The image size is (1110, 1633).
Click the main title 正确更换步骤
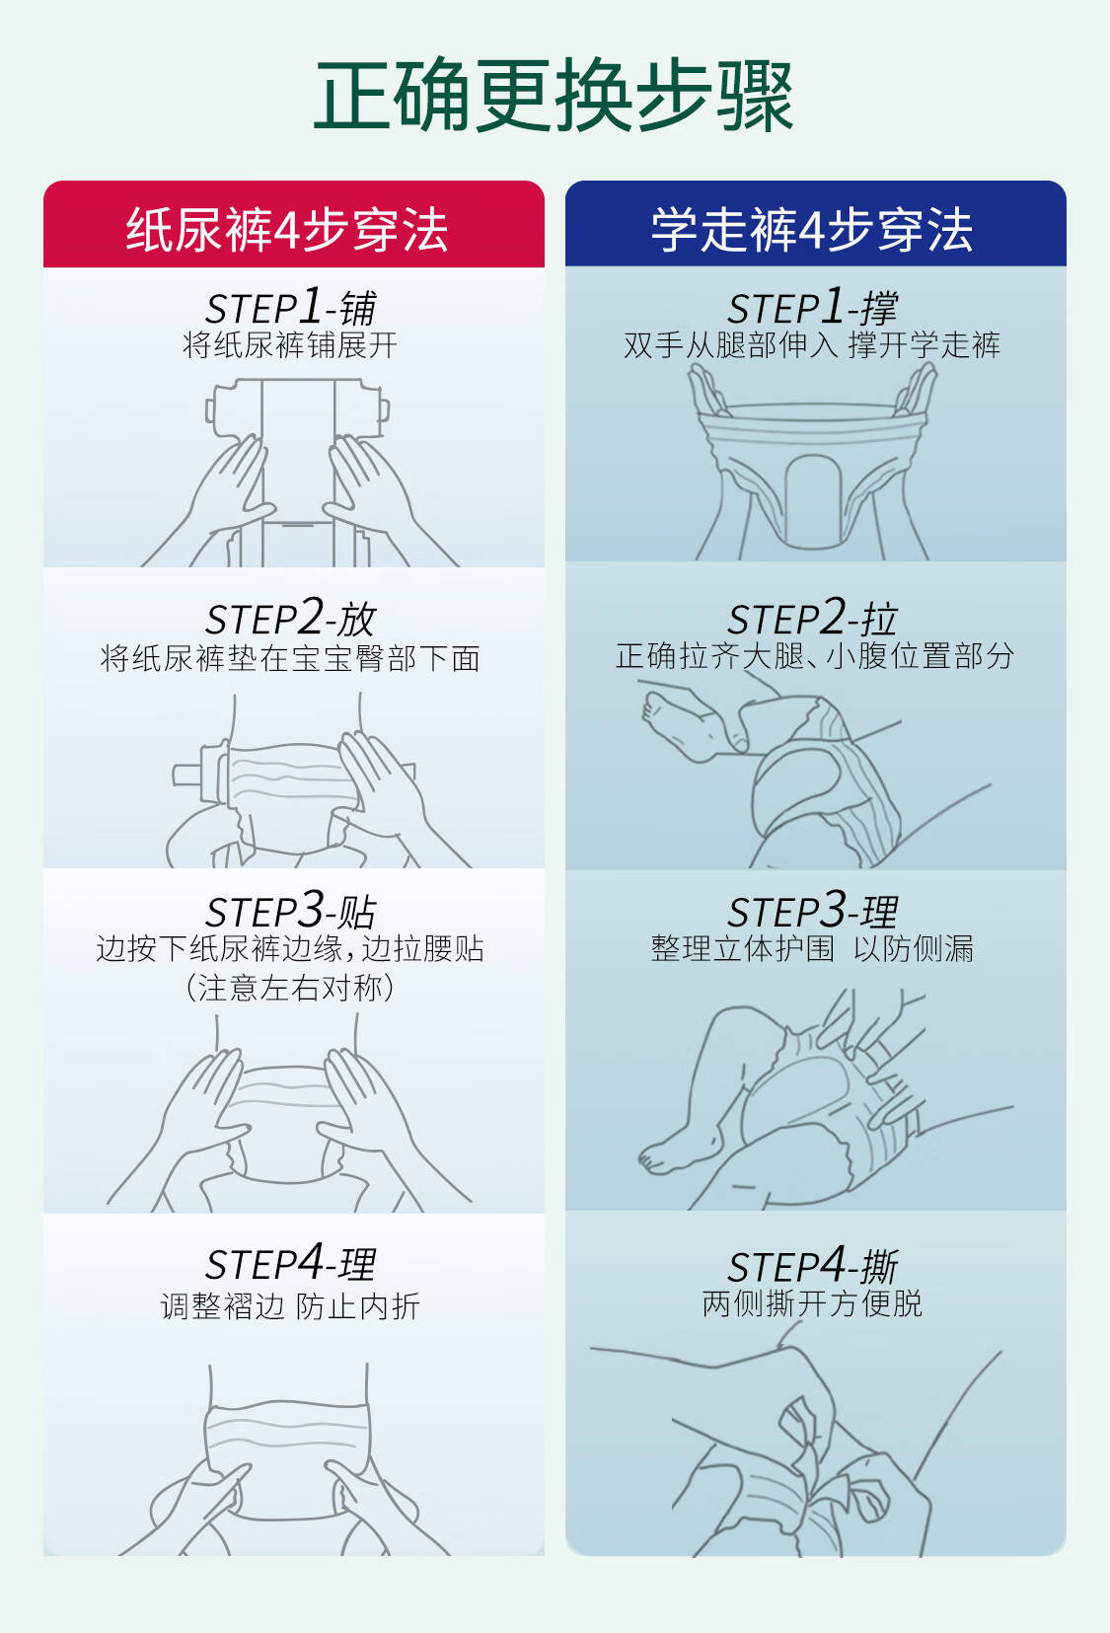point(554,96)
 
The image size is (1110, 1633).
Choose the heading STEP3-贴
point(291,911)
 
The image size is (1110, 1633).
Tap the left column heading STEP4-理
point(291,1263)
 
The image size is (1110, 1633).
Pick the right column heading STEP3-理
point(813,911)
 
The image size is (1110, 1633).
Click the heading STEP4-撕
point(813,1264)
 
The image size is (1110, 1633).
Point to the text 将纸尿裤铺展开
point(290,345)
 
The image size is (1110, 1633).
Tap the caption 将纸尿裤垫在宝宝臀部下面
point(290,658)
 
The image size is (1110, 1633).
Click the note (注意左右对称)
point(290,988)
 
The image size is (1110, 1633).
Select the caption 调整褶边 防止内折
point(290,1305)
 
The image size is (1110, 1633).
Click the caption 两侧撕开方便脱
point(812,1303)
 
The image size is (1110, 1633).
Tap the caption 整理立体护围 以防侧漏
point(812,948)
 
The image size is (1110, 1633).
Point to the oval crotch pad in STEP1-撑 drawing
point(813,502)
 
